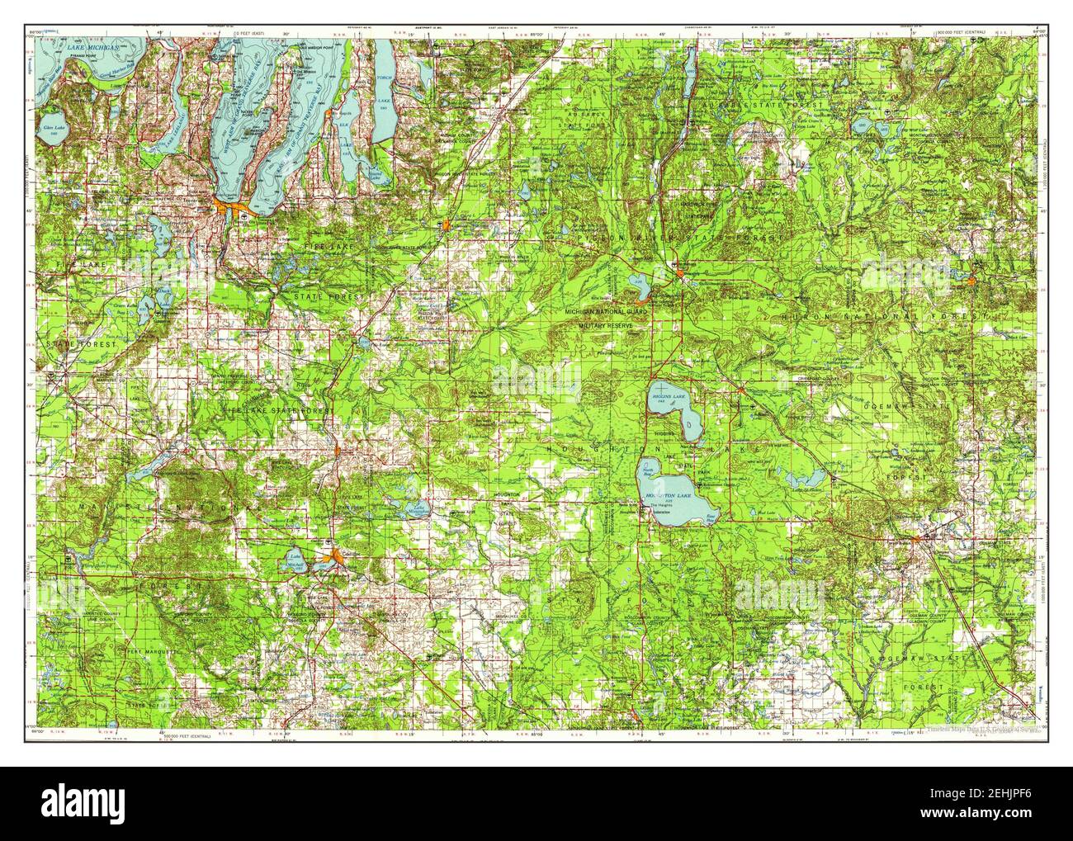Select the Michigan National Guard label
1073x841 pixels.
(x=609, y=314)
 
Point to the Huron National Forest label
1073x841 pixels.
(x=883, y=317)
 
